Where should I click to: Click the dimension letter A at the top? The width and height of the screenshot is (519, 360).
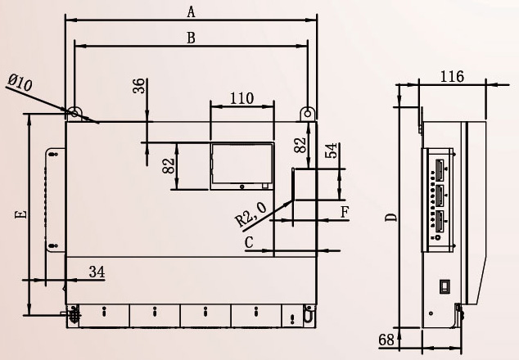coord(192,12)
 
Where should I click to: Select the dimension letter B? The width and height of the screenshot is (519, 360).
coord(191,38)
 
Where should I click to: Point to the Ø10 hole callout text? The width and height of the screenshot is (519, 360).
coord(20,83)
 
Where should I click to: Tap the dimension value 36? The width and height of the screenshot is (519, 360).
coord(139,86)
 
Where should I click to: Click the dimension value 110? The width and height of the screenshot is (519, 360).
coord(242,98)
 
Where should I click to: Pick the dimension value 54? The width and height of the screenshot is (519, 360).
coord(332,151)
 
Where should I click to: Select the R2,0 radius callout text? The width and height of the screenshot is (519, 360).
coord(250,215)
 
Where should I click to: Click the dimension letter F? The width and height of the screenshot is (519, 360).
coord(345,212)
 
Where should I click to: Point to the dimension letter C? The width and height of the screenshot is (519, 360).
coord(249,242)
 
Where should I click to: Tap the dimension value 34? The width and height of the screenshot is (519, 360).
coord(97,272)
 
